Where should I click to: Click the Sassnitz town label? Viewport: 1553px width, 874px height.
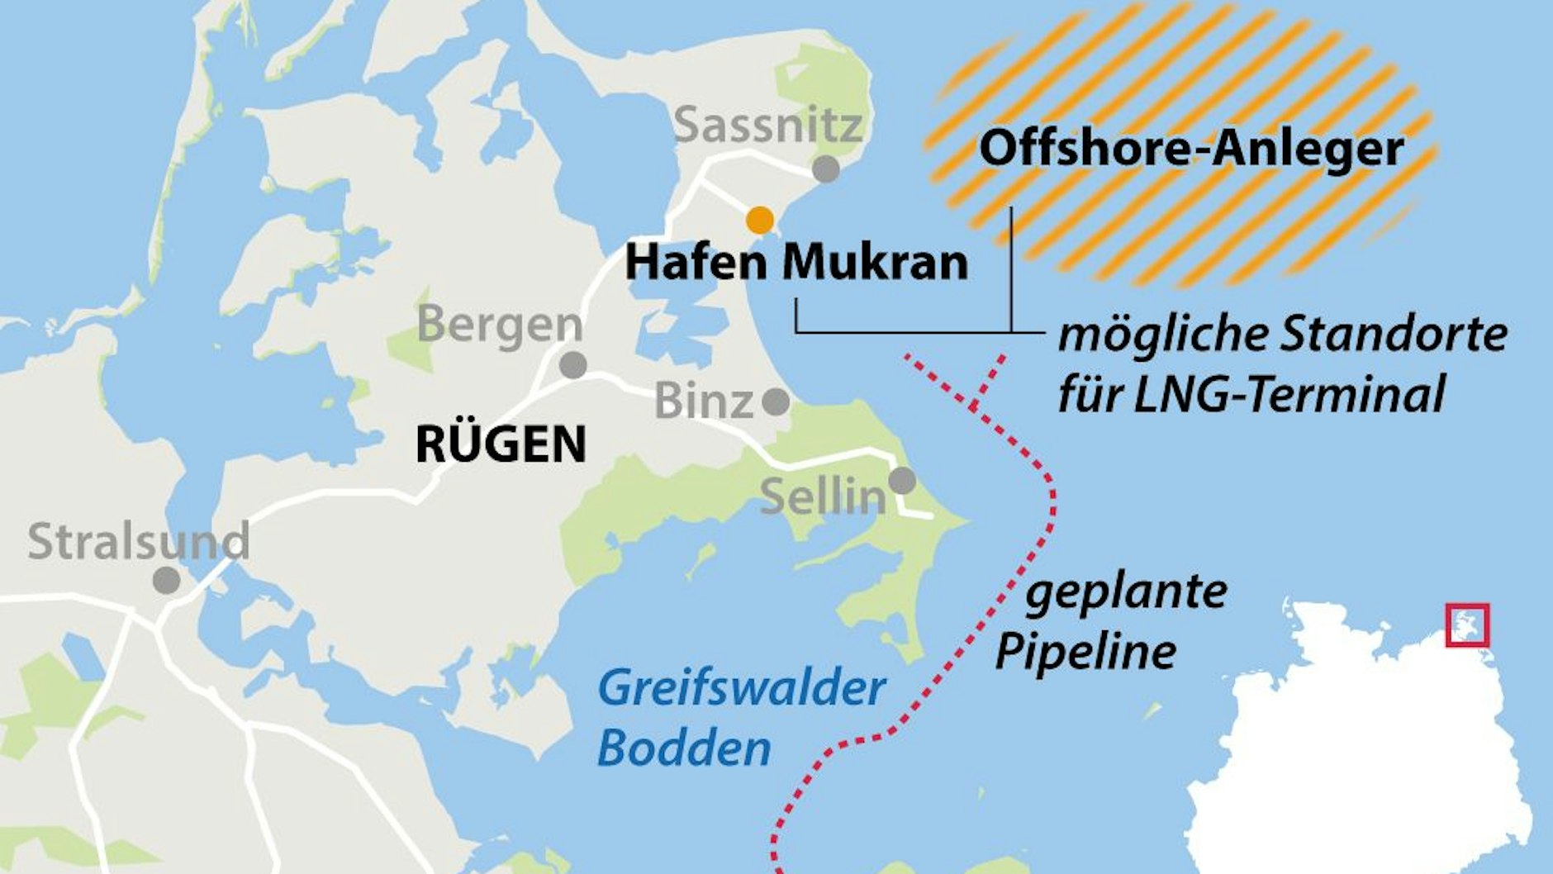tap(768, 126)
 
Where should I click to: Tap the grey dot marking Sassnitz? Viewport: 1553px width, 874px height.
tap(826, 169)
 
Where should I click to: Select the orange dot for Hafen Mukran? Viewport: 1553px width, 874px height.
tap(760, 221)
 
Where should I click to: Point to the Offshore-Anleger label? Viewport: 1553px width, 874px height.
tap(1191, 149)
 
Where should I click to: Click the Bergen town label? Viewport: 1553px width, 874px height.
tap(500, 325)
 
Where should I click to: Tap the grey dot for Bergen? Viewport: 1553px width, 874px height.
tap(572, 364)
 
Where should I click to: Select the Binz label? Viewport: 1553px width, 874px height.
tap(704, 402)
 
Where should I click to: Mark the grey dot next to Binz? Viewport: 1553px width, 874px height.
tap(775, 402)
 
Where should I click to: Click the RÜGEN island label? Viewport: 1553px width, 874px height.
tap(501, 444)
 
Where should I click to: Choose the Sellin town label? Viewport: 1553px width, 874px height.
tap(822, 496)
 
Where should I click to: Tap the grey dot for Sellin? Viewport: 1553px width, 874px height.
tap(902, 480)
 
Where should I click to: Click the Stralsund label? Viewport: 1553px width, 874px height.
tap(139, 541)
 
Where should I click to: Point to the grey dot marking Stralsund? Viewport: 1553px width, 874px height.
tap(166, 580)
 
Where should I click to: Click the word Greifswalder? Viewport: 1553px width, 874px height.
tap(741, 688)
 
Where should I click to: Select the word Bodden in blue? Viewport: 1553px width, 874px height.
tap(684, 748)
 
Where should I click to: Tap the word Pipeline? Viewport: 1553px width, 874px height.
tap(1085, 651)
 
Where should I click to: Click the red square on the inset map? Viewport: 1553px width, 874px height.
tap(1467, 625)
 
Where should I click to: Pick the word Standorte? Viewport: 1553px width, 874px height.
tap(1394, 335)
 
